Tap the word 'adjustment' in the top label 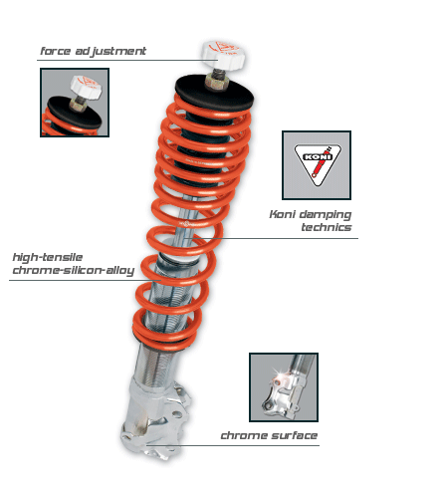click(x=110, y=51)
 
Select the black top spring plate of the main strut click(x=214, y=93)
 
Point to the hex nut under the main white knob click(x=216, y=81)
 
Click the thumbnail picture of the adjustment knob click(x=75, y=103)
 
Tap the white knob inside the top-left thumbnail click(x=86, y=87)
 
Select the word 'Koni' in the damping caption click(x=282, y=214)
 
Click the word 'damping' click(x=325, y=215)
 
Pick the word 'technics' click(x=327, y=227)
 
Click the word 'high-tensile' click(x=48, y=258)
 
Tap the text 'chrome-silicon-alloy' click(x=74, y=271)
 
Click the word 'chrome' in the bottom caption click(x=243, y=435)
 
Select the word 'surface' click(x=293, y=435)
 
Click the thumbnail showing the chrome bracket click(x=284, y=387)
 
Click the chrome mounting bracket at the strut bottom click(x=155, y=419)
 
